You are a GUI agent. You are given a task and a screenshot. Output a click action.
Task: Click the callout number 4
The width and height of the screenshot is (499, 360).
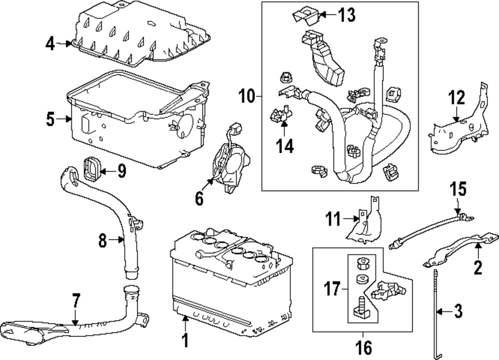pyautogui.click(x=50, y=43)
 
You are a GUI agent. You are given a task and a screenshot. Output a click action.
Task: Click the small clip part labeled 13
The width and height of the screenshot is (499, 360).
pyautogui.click(x=304, y=15)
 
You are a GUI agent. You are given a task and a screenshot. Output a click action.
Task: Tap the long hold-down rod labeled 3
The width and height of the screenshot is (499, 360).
pyautogui.click(x=437, y=310)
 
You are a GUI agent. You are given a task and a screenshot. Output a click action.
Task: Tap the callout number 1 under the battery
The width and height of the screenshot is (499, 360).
pyautogui.click(x=185, y=341)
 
